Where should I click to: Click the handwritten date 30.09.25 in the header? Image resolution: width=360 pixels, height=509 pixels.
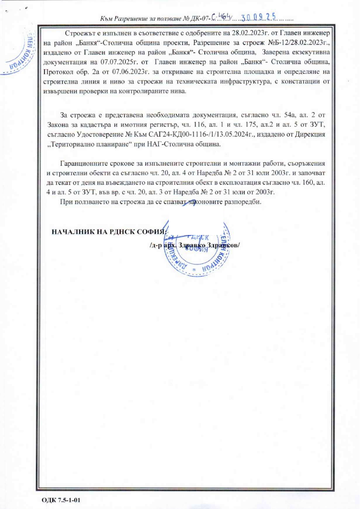pyautogui.click(x=258, y=17)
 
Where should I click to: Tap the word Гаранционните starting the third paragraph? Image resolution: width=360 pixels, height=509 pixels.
pyautogui.click(x=83, y=163)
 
